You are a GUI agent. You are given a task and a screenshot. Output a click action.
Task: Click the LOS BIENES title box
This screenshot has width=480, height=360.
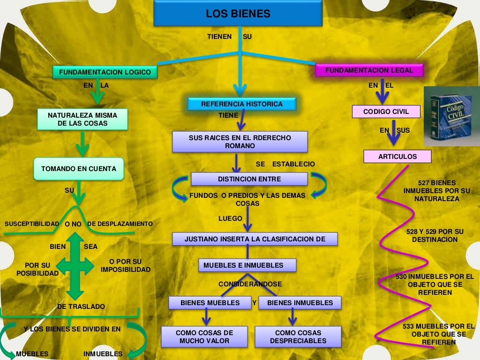point(238,14)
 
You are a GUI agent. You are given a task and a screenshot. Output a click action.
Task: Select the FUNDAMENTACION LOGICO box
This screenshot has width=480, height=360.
point(105,72)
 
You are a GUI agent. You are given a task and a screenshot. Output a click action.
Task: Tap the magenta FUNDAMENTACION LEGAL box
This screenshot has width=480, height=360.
point(369,70)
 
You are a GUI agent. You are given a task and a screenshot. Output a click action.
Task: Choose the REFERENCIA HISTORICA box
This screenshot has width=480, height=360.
point(242,104)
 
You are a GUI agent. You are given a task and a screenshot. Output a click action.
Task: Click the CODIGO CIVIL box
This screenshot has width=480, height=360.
point(386,112)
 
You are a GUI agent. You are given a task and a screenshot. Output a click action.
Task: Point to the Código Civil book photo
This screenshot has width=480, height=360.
point(451,116)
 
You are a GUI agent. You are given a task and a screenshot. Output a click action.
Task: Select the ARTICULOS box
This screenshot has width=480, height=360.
point(397,157)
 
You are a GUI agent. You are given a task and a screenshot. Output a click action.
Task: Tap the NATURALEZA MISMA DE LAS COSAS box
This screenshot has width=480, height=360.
point(82,119)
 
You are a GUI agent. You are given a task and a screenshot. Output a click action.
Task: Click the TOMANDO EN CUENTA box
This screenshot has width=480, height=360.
point(79,169)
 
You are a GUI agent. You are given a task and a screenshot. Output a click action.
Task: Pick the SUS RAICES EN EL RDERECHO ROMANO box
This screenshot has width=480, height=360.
point(240,142)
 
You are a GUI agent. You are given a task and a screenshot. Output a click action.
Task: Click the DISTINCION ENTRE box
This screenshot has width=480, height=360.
point(249,179)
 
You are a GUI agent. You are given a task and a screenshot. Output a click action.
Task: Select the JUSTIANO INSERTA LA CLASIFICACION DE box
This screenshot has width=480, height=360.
point(255,239)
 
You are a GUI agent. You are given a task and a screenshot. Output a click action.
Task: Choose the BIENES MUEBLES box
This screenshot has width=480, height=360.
point(210,303)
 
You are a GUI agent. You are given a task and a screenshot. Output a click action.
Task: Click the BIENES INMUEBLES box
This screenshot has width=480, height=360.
point(300,303)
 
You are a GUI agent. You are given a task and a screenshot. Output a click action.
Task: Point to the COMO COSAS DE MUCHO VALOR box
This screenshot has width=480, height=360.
point(204,337)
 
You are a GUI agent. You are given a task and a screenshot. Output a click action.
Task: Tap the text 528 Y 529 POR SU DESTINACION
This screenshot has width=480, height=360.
point(435,235)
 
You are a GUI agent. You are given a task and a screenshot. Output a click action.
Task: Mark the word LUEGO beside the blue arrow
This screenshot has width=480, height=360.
point(230,218)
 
